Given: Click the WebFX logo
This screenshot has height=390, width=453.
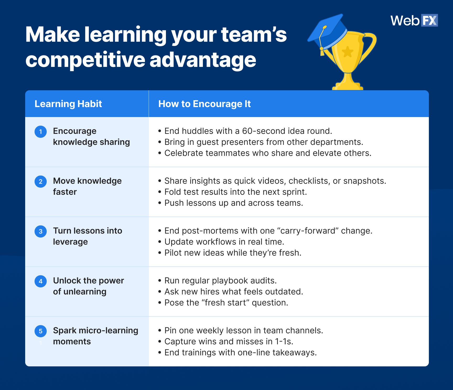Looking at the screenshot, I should tap(414, 20).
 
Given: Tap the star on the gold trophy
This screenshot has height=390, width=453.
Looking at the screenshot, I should tap(348, 52).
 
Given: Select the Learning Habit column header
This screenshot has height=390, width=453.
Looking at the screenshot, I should tap(68, 104).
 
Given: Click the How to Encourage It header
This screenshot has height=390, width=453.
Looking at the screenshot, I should tap(204, 104).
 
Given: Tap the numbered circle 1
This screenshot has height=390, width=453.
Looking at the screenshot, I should tap(41, 131).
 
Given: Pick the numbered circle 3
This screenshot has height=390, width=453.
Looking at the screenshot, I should tap(41, 231).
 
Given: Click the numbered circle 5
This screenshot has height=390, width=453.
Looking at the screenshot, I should tap(41, 331).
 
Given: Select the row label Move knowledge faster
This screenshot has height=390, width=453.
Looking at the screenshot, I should tap(87, 186).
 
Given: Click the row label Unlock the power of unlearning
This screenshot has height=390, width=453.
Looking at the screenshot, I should tap(88, 286).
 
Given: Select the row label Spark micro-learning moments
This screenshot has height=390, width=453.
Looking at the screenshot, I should tap(95, 336).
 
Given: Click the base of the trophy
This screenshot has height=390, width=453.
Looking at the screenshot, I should tap(348, 86).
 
